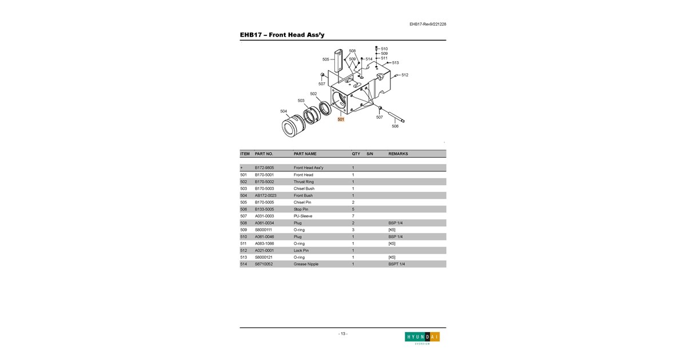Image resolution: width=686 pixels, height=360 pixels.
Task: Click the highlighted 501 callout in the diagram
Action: (x=341, y=119)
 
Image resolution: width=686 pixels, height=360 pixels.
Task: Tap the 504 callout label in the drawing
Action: (x=284, y=111)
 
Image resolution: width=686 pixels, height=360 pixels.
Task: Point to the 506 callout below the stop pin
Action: (x=395, y=126)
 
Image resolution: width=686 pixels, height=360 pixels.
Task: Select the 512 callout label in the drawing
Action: (x=405, y=75)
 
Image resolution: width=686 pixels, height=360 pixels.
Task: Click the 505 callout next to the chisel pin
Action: (x=325, y=59)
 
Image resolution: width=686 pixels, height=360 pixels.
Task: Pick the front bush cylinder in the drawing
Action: (x=293, y=126)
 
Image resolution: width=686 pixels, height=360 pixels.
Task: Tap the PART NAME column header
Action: (x=305, y=154)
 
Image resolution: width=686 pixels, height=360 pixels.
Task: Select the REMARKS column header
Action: (x=398, y=154)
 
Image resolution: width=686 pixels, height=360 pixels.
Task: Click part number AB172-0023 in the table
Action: (x=265, y=195)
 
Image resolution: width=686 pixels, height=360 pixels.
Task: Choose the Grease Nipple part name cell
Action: (x=306, y=264)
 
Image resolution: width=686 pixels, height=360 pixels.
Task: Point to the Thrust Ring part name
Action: (x=304, y=182)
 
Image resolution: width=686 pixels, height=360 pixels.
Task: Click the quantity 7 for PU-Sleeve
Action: (x=353, y=216)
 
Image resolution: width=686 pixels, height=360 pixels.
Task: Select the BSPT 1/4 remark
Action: (x=397, y=264)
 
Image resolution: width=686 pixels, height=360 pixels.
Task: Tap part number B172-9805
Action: (x=264, y=168)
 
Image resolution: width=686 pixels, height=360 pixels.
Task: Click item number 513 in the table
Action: (x=244, y=257)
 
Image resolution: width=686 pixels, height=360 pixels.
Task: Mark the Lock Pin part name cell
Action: (x=301, y=250)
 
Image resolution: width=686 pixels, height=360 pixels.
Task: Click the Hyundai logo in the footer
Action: (x=422, y=338)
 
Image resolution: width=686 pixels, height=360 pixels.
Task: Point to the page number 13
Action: (x=343, y=334)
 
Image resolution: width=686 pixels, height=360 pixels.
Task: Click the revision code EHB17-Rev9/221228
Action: (x=428, y=24)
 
